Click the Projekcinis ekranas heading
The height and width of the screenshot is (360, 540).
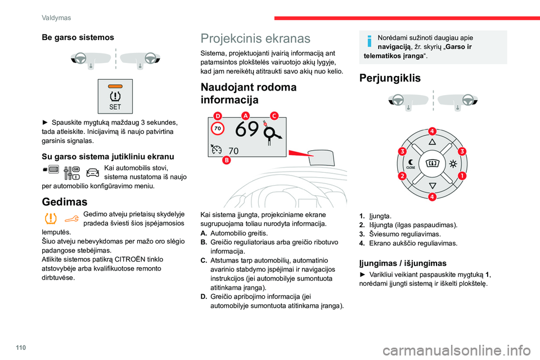[255, 38]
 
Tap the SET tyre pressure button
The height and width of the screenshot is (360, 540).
[115, 96]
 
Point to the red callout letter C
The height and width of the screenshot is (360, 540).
[274, 115]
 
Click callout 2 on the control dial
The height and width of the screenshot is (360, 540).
[403, 176]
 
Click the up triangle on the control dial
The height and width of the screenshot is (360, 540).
[432, 143]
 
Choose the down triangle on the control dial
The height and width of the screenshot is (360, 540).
[432, 185]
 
